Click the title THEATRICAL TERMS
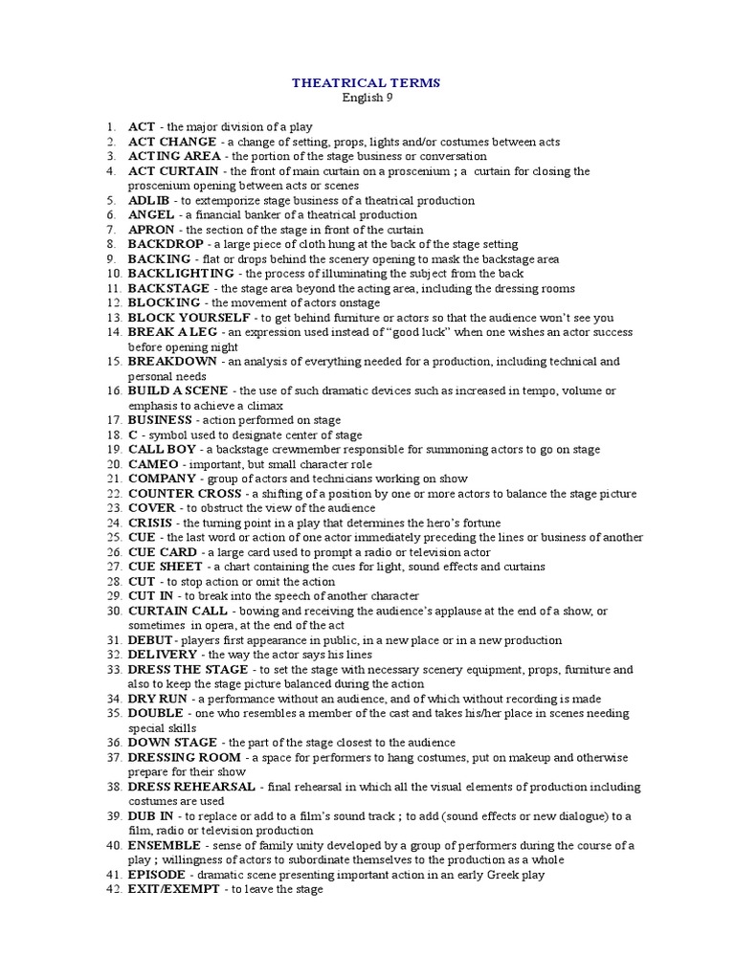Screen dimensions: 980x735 (367, 83)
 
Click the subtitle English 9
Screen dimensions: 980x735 (367, 98)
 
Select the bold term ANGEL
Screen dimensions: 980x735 (151, 215)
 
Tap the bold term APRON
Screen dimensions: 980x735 (152, 230)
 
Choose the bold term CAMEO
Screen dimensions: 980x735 (153, 464)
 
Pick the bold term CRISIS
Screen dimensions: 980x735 (151, 523)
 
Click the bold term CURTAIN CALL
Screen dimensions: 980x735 (177, 611)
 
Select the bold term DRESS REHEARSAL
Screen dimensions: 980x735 (191, 787)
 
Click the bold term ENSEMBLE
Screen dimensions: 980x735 (164, 846)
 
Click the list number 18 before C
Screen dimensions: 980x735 (112, 435)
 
